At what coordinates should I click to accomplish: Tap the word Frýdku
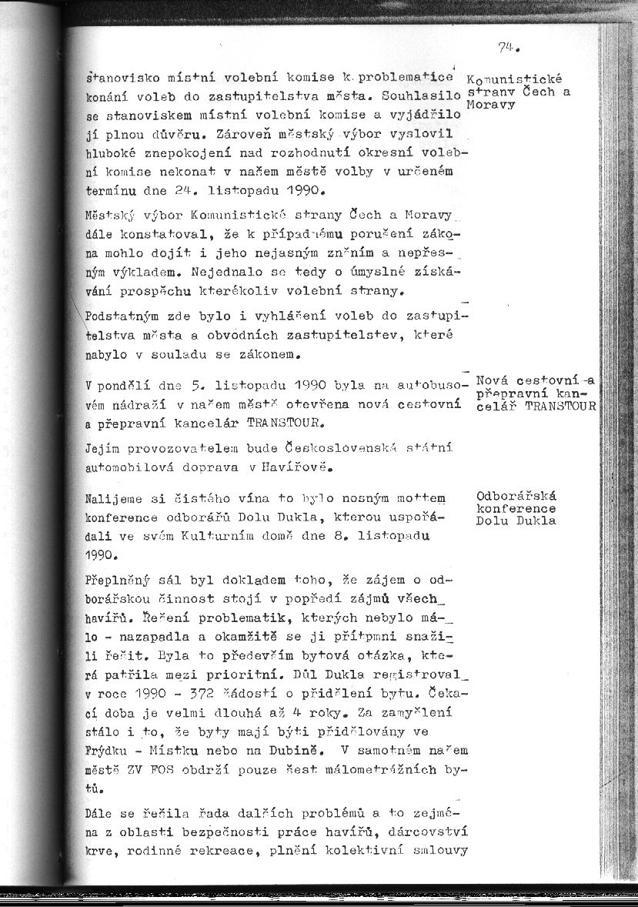click(x=108, y=748)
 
